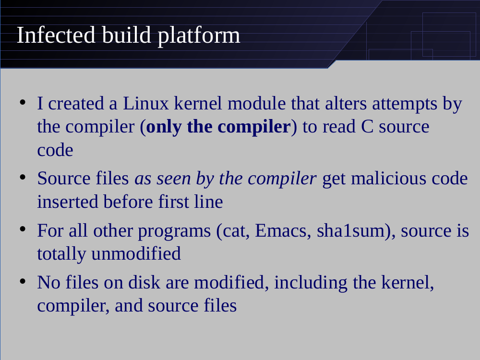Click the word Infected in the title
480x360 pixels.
[x=56, y=35]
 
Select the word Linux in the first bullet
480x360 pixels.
[x=146, y=103]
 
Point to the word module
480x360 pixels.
[x=256, y=103]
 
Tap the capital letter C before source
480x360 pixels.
[x=367, y=127]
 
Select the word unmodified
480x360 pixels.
[x=136, y=253]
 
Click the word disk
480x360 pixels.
[x=144, y=282]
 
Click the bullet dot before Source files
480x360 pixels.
[x=23, y=177]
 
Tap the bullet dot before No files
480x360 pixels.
[x=23, y=281]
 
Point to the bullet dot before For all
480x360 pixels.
[x=23, y=229]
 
